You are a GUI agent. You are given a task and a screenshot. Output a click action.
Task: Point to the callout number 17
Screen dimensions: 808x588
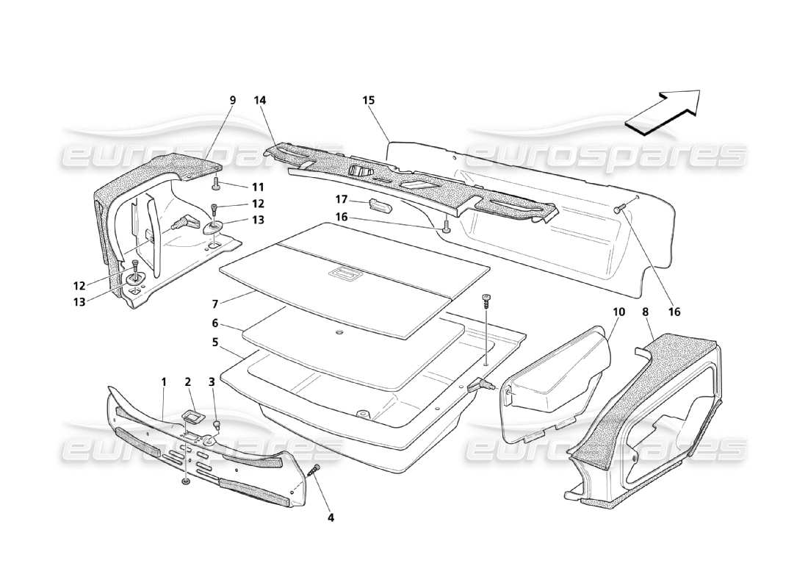pos(342,198)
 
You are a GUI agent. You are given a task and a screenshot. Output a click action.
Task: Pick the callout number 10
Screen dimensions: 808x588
pos(618,312)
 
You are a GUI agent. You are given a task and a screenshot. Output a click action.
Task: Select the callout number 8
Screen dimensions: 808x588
pos(646,312)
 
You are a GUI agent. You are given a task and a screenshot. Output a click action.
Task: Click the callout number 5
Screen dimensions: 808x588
pos(214,342)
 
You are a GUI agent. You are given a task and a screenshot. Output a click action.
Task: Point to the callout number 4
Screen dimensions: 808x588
pos(331,517)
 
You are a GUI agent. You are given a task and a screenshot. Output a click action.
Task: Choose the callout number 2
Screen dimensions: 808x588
pos(188,381)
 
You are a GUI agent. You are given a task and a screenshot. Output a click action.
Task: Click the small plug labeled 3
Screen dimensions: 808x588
pos(217,425)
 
